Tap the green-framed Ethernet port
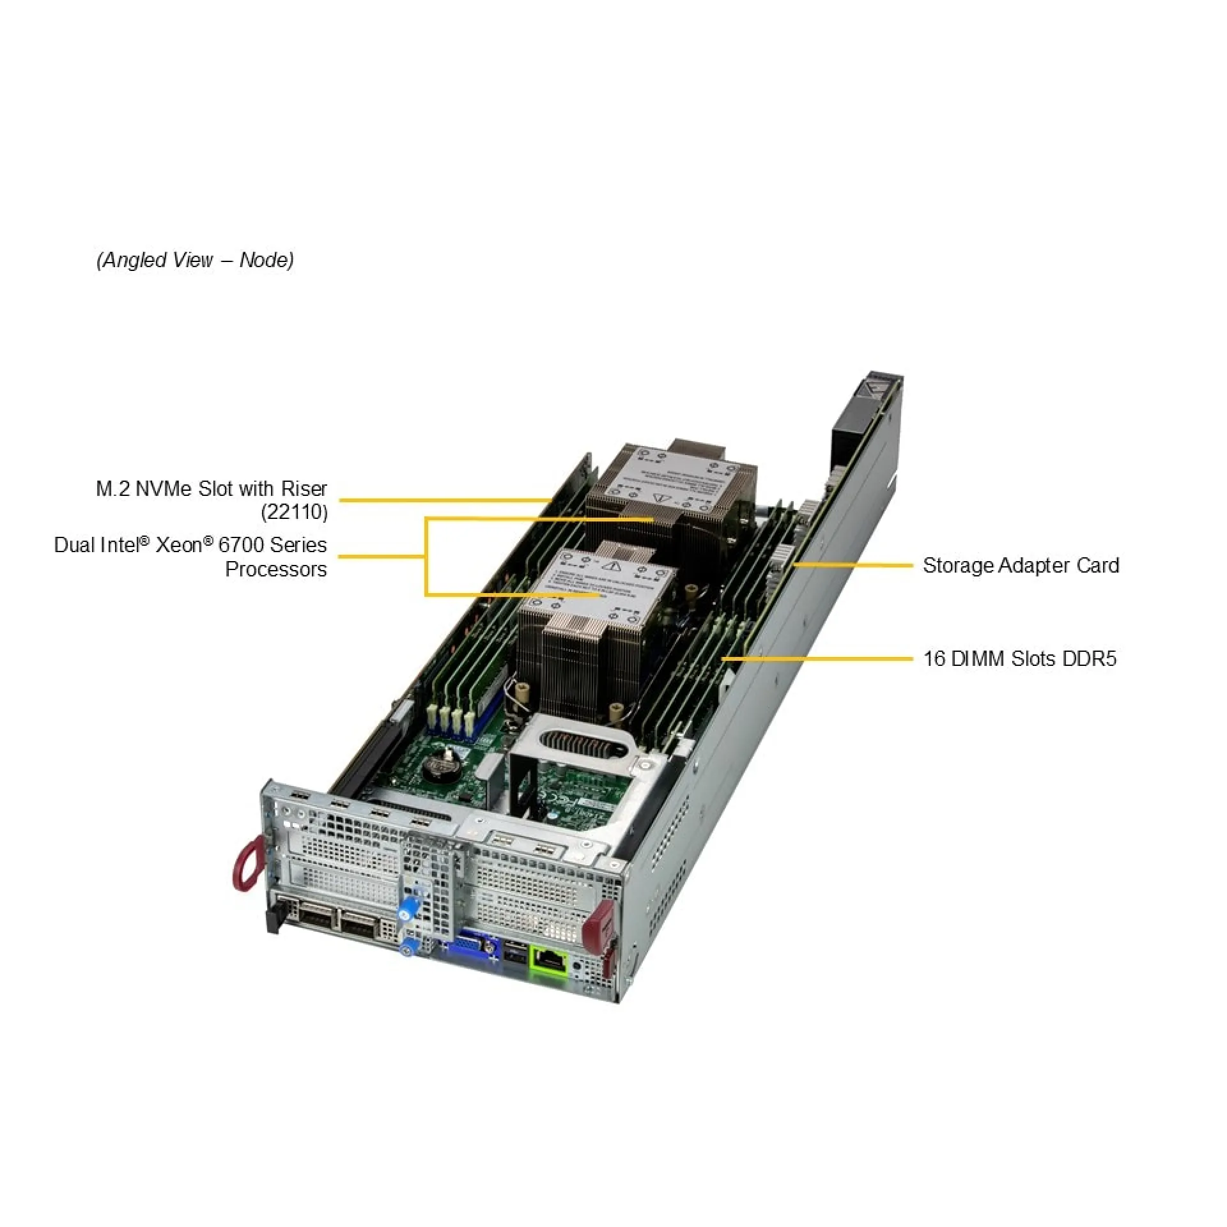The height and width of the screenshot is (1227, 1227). click(x=549, y=960)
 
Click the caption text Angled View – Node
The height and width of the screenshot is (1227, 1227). click(x=195, y=260)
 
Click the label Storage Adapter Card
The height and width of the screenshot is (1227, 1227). click(x=1021, y=566)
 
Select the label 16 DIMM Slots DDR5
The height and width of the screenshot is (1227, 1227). click(x=1019, y=659)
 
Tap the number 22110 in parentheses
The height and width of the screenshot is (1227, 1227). click(x=295, y=513)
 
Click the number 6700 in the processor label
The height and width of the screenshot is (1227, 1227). click(x=241, y=545)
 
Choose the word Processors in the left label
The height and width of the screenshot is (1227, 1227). click(x=275, y=569)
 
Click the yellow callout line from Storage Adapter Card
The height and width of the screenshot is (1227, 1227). click(x=853, y=566)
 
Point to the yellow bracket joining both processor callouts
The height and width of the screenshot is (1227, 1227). click(x=426, y=557)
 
